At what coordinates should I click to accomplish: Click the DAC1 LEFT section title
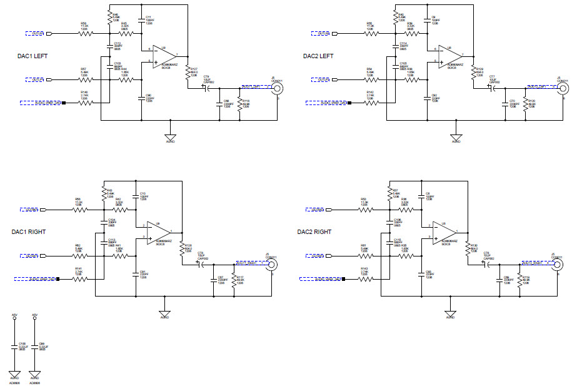33,56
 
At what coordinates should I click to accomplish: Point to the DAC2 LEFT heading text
319,56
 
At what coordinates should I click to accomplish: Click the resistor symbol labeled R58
84,33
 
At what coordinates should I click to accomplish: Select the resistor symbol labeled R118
240,103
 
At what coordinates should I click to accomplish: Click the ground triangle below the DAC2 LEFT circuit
456,138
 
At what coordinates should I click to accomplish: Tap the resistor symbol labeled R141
79,279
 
